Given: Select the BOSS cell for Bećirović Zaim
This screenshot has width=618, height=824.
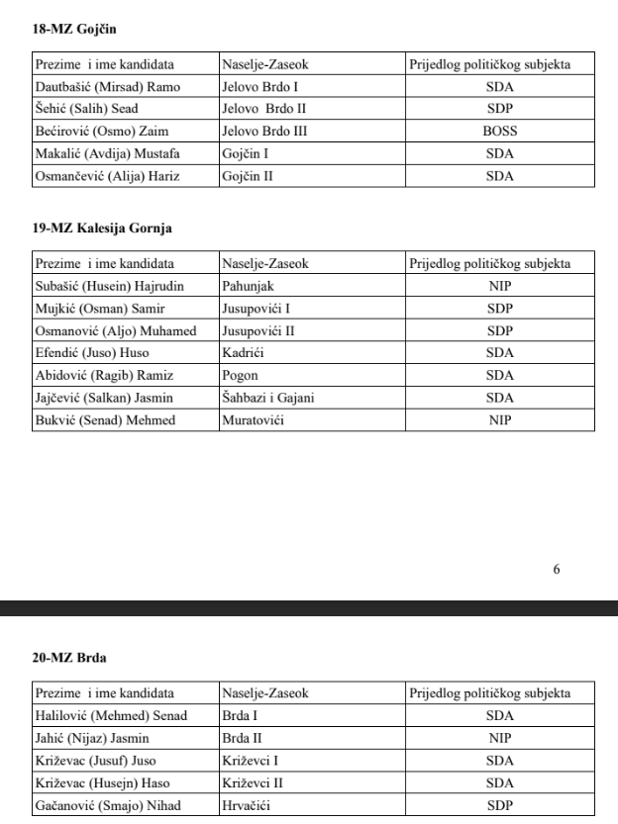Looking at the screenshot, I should (500, 131).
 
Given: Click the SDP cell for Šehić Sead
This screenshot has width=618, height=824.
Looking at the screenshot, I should (500, 109).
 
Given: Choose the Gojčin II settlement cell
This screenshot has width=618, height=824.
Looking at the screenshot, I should (248, 176).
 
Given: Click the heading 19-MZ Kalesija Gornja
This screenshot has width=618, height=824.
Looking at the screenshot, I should (103, 229).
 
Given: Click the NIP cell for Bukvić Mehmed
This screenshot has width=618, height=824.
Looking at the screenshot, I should (500, 419).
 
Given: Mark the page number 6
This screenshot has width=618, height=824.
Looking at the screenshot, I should (557, 570).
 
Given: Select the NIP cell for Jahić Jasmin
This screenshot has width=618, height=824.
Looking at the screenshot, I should (500, 737).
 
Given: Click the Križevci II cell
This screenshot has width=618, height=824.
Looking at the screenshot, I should (255, 781).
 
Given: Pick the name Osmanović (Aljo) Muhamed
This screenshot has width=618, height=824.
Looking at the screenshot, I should (116, 329).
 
